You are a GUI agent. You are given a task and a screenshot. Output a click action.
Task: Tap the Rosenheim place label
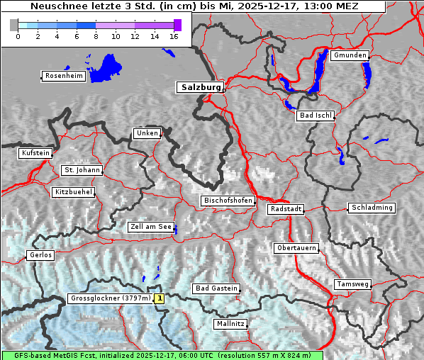(x=63, y=76)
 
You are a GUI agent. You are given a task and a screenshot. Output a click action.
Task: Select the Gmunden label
(x=350, y=55)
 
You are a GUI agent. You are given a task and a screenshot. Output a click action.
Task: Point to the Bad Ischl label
(x=315, y=116)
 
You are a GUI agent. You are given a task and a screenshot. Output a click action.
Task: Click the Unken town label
(x=146, y=133)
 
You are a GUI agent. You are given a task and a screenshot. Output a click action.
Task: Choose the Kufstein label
(x=35, y=153)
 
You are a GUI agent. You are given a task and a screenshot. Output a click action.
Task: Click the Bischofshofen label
(x=228, y=201)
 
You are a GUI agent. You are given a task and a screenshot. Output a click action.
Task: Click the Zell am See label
(x=151, y=227)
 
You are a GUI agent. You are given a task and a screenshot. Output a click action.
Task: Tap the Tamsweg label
(x=352, y=284)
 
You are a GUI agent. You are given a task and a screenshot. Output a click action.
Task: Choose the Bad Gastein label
(x=216, y=288)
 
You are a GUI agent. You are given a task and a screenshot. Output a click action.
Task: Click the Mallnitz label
(x=230, y=324)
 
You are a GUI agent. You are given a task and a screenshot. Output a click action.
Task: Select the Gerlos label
(x=40, y=255)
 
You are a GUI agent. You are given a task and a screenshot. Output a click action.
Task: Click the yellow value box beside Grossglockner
(x=160, y=299)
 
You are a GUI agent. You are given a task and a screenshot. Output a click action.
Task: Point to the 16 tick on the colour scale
(x=174, y=36)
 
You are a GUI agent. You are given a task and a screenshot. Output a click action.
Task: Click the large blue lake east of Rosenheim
(x=106, y=68)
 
